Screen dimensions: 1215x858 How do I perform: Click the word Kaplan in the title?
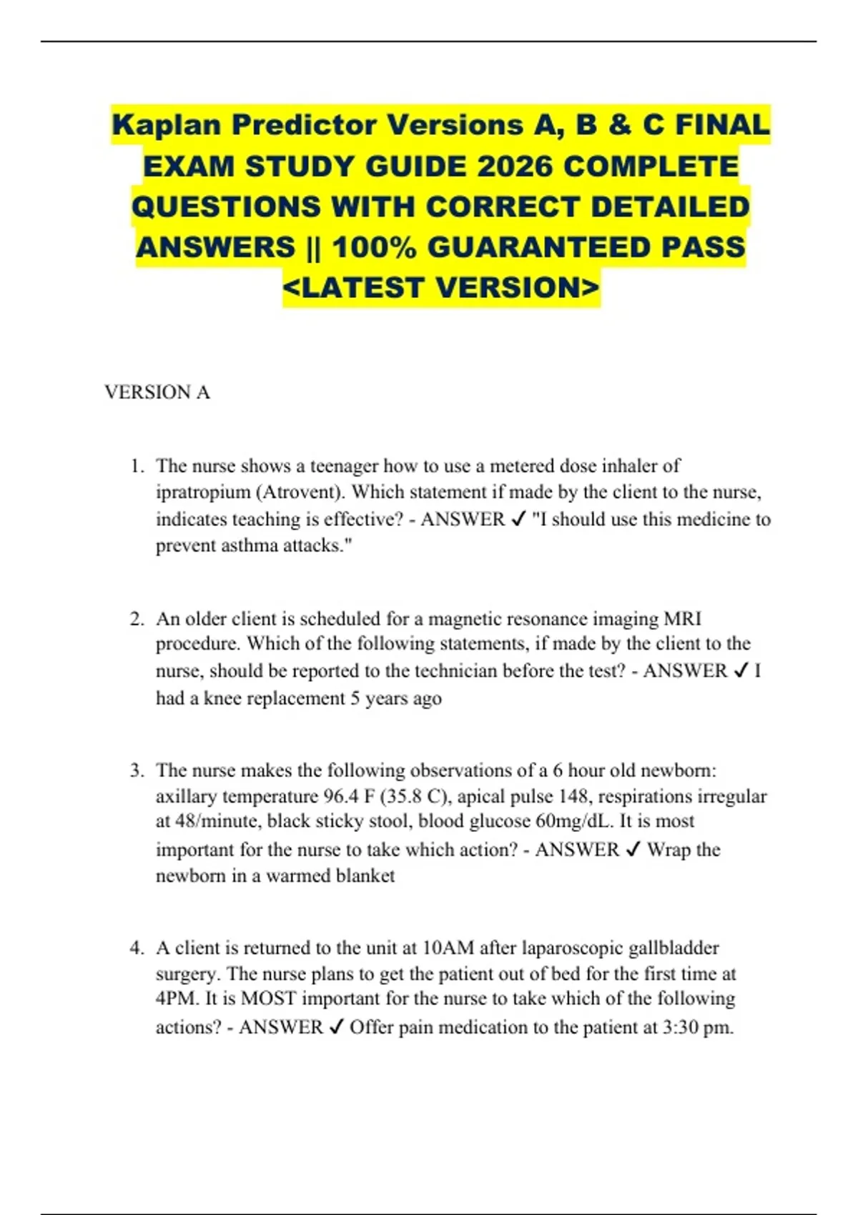(x=167, y=126)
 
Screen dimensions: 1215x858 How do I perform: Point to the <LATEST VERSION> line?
(x=441, y=288)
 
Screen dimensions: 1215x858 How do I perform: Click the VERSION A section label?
(x=157, y=392)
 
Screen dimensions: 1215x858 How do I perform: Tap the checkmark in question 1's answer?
(x=519, y=520)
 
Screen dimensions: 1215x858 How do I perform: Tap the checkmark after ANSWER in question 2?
(x=741, y=671)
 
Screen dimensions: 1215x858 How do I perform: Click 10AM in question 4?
(x=448, y=948)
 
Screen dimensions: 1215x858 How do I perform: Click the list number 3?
(x=136, y=770)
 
